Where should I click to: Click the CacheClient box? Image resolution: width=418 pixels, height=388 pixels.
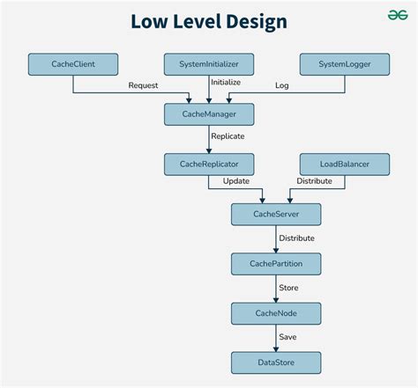pyautogui.click(x=72, y=64)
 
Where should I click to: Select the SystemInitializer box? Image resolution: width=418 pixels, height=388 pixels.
pyautogui.click(x=209, y=64)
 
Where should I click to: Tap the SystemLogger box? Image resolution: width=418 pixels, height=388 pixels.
pyautogui.click(x=344, y=64)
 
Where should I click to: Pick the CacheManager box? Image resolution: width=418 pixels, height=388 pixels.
pyautogui.click(x=209, y=113)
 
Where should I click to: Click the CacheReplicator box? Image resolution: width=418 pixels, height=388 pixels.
pyautogui.click(x=209, y=164)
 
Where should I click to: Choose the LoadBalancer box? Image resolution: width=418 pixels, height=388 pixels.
pyautogui.click(x=344, y=164)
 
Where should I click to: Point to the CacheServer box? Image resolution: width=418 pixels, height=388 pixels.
pyautogui.click(x=276, y=214)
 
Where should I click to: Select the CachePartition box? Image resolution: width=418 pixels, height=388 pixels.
pyautogui.click(x=276, y=263)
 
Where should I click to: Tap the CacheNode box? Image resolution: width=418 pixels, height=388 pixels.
pyautogui.click(x=276, y=312)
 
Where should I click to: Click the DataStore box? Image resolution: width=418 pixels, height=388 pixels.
pyautogui.click(x=276, y=362)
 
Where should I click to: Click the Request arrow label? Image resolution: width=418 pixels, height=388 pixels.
pyautogui.click(x=144, y=85)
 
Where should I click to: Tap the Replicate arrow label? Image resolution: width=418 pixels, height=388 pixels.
pyautogui.click(x=228, y=136)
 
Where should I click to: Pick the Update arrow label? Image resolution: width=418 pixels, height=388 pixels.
pyautogui.click(x=235, y=181)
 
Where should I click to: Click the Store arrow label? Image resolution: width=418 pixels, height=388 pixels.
pyautogui.click(x=288, y=288)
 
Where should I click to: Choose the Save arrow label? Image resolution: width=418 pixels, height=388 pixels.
pyautogui.click(x=287, y=337)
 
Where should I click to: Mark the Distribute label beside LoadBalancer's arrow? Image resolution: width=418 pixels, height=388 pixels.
pyautogui.click(x=314, y=181)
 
